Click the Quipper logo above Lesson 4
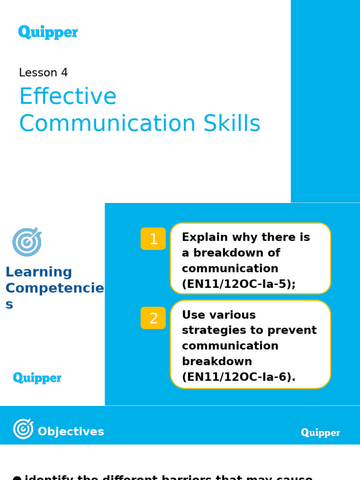tap(48, 32)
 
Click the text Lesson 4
tap(43, 73)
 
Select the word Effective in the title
tap(67, 97)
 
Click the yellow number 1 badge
tap(153, 239)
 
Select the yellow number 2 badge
tap(153, 318)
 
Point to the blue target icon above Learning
tap(27, 242)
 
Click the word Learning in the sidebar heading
tap(38, 272)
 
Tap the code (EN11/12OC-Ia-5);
tap(239, 284)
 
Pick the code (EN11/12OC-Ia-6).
tap(239, 377)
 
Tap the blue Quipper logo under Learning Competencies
tap(37, 378)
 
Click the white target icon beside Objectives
tap(23, 429)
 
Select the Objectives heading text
tap(71, 432)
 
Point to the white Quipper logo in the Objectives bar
tap(320, 433)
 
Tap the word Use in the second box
tap(192, 315)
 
